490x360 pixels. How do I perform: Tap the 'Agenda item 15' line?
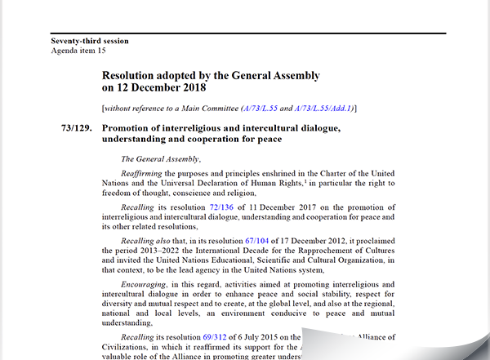[78, 51]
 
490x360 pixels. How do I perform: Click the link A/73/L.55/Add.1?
[313, 108]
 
